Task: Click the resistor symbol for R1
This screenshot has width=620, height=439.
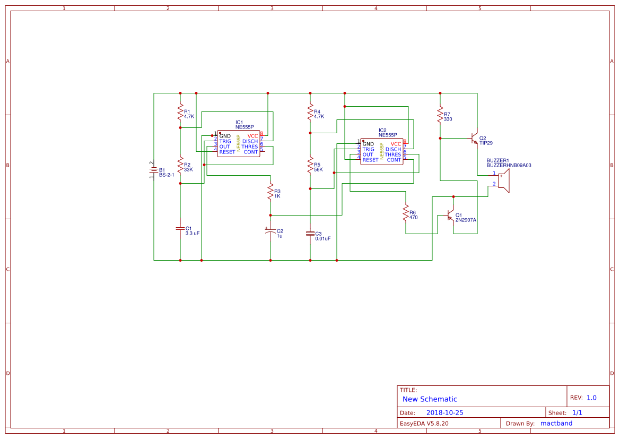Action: pyautogui.click(x=180, y=112)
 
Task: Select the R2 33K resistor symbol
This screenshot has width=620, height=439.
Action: pyautogui.click(x=180, y=165)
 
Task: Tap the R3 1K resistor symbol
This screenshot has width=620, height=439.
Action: pyautogui.click(x=270, y=191)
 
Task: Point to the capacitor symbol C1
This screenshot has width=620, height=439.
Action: pyautogui.click(x=180, y=228)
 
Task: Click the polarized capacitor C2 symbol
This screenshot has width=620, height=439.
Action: pyautogui.click(x=270, y=231)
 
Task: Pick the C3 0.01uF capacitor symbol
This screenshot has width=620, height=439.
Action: pyautogui.click(x=310, y=234)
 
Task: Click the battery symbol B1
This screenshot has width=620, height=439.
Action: pyautogui.click(x=153, y=170)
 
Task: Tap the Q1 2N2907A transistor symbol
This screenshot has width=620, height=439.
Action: pyautogui.click(x=450, y=215)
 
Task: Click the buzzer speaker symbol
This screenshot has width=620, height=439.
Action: pyautogui.click(x=503, y=181)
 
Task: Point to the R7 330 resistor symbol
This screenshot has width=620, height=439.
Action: pyautogui.click(x=440, y=115)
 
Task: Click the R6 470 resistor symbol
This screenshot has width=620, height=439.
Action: pyautogui.click(x=406, y=212)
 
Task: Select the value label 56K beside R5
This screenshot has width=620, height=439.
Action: pyautogui.click(x=318, y=170)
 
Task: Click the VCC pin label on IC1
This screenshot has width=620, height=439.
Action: pyautogui.click(x=252, y=136)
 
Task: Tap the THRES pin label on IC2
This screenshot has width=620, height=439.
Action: pyautogui.click(x=393, y=155)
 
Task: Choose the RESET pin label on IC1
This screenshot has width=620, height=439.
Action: pyautogui.click(x=228, y=152)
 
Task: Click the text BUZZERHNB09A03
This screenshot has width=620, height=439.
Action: pyautogui.click(x=509, y=166)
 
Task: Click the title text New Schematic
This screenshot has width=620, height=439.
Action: pyautogui.click(x=430, y=399)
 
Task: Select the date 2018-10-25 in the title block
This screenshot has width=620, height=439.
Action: pyautogui.click(x=445, y=412)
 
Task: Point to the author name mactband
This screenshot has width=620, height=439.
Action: pyautogui.click(x=556, y=423)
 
